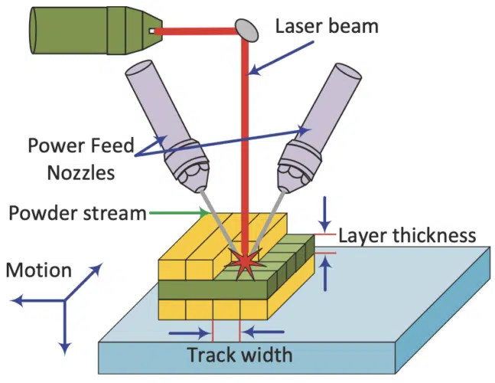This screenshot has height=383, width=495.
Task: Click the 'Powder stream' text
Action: (77, 212)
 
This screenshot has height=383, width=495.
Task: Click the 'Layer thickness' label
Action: (407, 236)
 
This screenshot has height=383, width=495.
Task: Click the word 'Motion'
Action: (38, 270)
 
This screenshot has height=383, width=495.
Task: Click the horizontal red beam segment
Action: (199, 31)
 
